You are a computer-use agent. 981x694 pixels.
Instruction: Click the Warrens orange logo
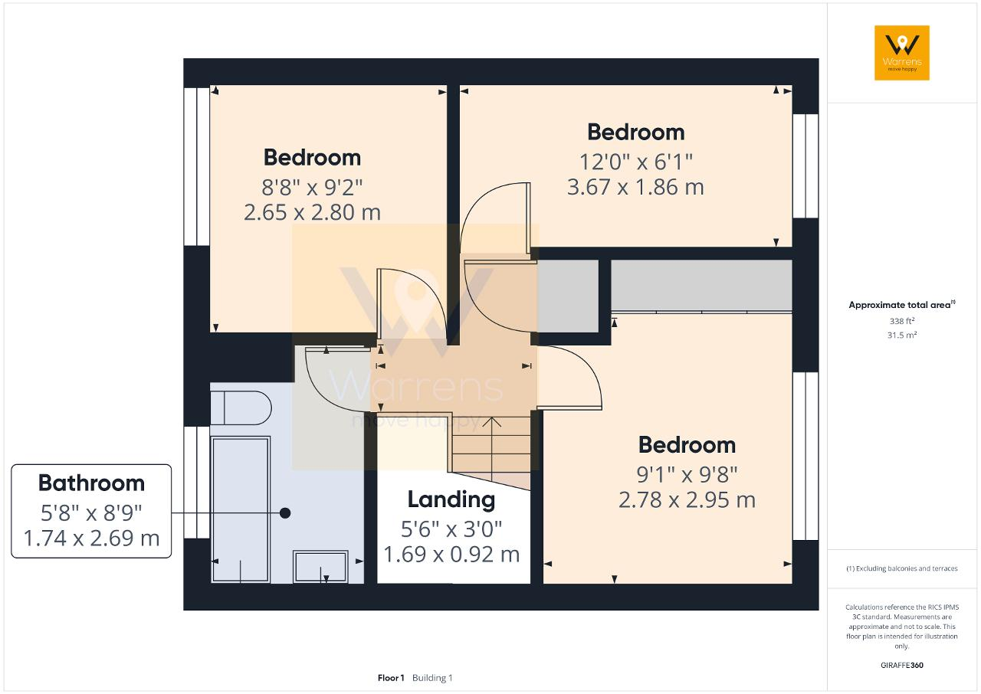tap(902, 53)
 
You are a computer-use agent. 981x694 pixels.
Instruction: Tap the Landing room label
tap(451, 500)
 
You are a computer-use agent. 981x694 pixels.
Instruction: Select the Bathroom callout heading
tap(91, 483)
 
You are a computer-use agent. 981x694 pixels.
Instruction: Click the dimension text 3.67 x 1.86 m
tap(635, 187)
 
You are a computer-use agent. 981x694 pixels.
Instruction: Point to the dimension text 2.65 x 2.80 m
tap(312, 213)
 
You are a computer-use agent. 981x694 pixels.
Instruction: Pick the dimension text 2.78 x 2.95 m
tap(687, 500)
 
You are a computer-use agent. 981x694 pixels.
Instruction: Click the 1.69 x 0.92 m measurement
tap(451, 555)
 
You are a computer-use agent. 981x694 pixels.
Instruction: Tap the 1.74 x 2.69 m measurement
tap(91, 539)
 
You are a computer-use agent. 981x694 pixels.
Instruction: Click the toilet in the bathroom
tap(241, 408)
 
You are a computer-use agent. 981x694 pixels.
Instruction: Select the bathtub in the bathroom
tap(240, 510)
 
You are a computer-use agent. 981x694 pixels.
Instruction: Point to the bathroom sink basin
tap(320, 567)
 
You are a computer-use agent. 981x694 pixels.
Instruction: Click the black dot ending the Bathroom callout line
tap(285, 513)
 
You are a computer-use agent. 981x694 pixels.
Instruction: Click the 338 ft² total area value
tap(902, 321)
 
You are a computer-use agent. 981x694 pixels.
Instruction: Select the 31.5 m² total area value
tap(902, 336)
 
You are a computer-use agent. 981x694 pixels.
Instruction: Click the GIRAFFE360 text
tap(902, 665)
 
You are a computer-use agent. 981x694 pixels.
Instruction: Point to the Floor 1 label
tap(391, 678)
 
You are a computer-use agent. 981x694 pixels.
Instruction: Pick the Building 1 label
tap(432, 678)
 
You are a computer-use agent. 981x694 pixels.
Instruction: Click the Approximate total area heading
tap(902, 305)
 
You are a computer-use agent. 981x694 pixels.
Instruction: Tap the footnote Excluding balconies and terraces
tap(902, 568)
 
